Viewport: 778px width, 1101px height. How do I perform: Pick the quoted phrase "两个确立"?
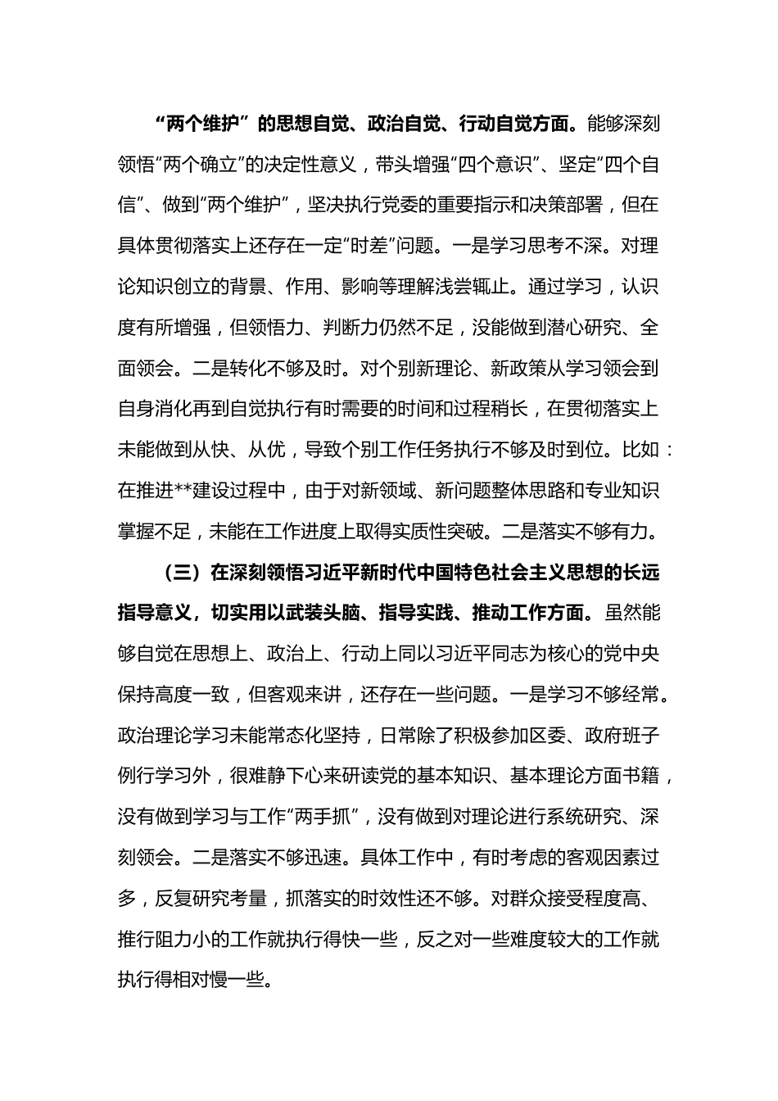click(x=198, y=165)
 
